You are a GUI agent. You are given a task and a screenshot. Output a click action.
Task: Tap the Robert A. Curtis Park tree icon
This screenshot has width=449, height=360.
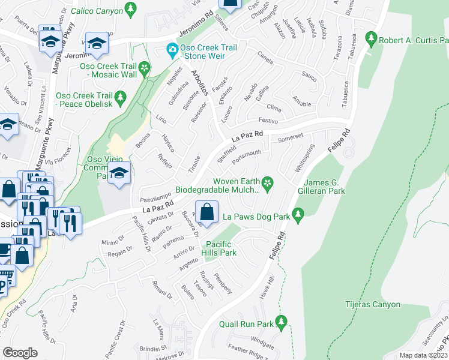pos(371,39)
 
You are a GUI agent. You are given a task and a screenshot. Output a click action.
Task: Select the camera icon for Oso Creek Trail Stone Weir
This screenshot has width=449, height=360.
pos(172,49)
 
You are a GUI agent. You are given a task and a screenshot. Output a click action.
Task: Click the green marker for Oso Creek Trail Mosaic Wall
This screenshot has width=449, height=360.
pos(145,70)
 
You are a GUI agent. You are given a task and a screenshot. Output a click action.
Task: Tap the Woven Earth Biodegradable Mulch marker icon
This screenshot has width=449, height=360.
pos(268,182)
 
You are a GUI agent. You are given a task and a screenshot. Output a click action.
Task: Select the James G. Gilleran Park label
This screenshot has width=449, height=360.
pos(325,187)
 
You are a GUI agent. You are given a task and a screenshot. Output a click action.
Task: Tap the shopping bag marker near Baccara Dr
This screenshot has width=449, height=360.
pos(206,212)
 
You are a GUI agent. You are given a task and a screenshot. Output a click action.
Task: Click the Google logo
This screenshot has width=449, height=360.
pos(20,352)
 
